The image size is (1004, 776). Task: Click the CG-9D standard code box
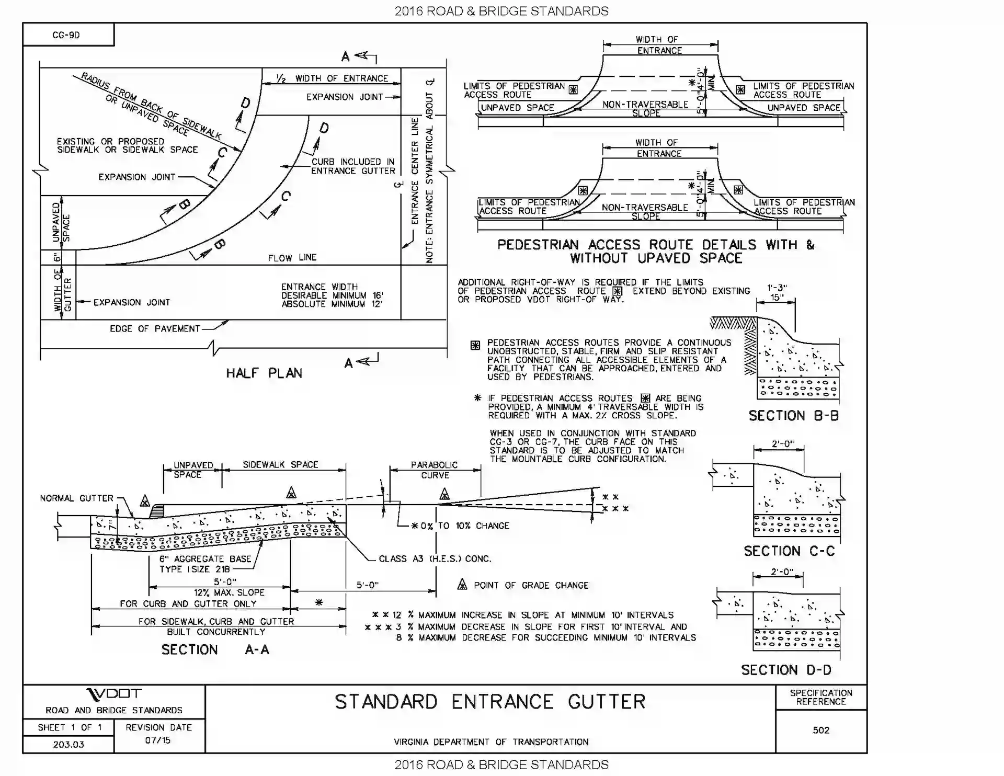click(x=66, y=35)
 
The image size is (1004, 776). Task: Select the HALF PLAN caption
click(x=264, y=373)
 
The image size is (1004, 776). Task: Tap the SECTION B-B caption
click(x=793, y=416)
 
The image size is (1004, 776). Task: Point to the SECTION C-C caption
click(x=789, y=551)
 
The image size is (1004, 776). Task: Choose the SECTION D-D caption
click(x=786, y=670)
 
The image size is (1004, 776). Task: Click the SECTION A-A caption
click(x=215, y=649)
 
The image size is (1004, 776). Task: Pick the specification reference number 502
click(x=821, y=730)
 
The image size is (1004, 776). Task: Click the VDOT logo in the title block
click(x=113, y=694)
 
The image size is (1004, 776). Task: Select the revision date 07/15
click(x=157, y=740)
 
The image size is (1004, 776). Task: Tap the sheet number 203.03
click(x=68, y=744)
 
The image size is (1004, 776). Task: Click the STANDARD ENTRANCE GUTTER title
click(x=490, y=702)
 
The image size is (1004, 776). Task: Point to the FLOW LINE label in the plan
click(x=292, y=257)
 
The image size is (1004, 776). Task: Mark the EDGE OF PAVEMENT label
click(x=155, y=328)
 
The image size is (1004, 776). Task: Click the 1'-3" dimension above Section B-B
click(x=777, y=288)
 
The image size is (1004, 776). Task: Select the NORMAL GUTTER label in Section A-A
click(x=76, y=498)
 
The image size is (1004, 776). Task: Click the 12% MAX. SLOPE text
click(x=229, y=592)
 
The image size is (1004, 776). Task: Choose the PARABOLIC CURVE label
click(x=435, y=470)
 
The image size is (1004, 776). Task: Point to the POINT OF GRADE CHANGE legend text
click(x=531, y=585)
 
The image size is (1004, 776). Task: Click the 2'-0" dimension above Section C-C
click(x=782, y=444)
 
